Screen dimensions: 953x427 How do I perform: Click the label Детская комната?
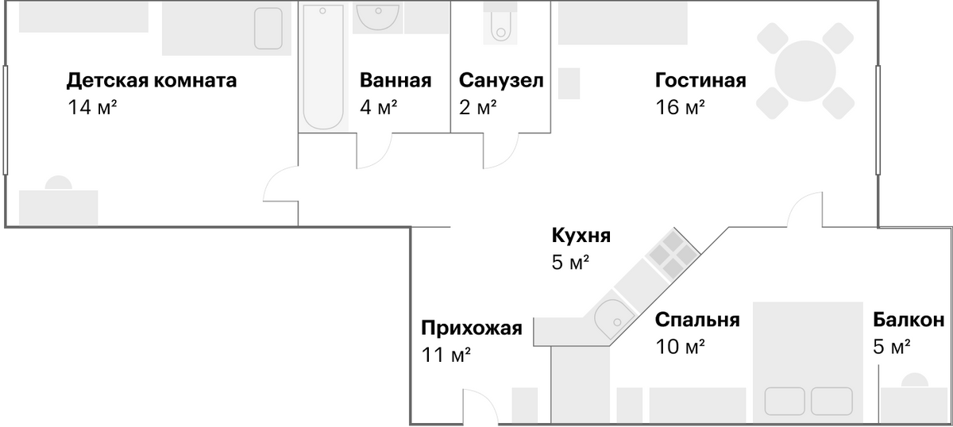click(152, 80)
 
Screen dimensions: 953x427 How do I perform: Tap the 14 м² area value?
click(92, 107)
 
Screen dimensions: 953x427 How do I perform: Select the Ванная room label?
click(395, 80)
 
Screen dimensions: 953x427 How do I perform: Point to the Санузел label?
click(501, 80)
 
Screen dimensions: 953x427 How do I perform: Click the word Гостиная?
click(700, 80)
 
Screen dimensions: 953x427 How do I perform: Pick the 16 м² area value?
click(680, 107)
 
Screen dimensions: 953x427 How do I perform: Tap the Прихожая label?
click(472, 328)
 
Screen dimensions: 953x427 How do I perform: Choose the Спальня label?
click(697, 319)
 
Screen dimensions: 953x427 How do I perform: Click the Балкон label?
click(909, 319)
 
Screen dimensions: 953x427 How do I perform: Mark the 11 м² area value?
click(446, 355)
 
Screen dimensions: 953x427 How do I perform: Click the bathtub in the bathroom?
click(323, 67)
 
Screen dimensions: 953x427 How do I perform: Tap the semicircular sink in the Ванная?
click(378, 17)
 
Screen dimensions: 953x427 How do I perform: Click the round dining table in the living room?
click(805, 71)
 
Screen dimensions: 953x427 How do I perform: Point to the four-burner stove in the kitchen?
click(673, 254)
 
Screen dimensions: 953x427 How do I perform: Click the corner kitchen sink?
click(613, 318)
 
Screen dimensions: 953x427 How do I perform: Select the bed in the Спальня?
click(808, 363)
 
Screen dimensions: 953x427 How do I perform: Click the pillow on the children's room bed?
click(268, 29)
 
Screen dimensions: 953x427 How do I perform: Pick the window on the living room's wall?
click(878, 120)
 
